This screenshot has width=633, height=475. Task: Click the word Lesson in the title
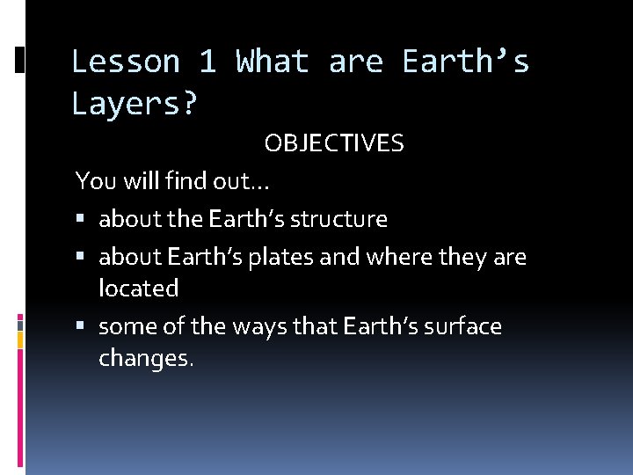[125, 62]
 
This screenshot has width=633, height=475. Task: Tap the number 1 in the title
[207, 62]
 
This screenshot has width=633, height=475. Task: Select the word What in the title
[273, 62]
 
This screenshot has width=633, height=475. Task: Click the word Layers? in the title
[135, 105]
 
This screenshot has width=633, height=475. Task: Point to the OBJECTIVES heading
[334, 144]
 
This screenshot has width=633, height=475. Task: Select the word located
[138, 289]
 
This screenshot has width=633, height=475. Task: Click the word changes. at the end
[144, 360]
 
